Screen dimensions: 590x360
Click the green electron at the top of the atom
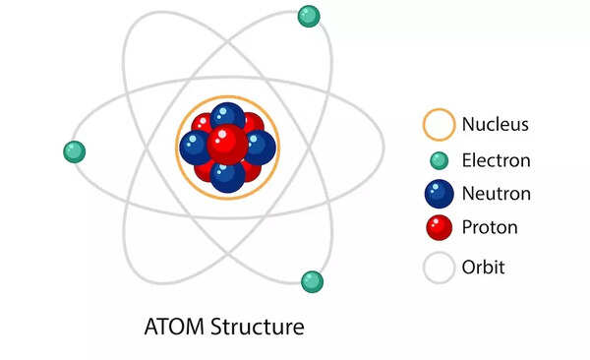pos(309,16)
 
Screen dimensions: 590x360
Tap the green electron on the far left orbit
pos(74,151)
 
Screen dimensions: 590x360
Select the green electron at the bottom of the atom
pos(312,281)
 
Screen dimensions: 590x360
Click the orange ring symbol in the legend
pos(439,125)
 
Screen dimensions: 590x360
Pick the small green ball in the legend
pos(439,160)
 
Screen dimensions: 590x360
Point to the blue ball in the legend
pos(439,194)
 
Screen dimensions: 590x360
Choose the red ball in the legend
pos(439,228)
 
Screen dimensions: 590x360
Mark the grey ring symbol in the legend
pos(439,267)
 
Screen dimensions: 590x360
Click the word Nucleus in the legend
pos(495,125)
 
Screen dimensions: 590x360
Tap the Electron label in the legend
pos(496,160)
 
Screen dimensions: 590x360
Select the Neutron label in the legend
pos(496,194)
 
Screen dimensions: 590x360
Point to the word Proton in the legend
pos(490,228)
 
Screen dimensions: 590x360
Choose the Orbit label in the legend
pos(484,267)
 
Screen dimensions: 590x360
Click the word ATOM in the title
pos(173,326)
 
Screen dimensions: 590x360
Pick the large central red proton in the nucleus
pos(227,144)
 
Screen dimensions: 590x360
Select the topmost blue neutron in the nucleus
pos(227,117)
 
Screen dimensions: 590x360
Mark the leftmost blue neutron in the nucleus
pos(196,148)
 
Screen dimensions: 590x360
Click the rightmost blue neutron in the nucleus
pos(260,148)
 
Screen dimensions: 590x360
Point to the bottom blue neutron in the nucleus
pos(227,176)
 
